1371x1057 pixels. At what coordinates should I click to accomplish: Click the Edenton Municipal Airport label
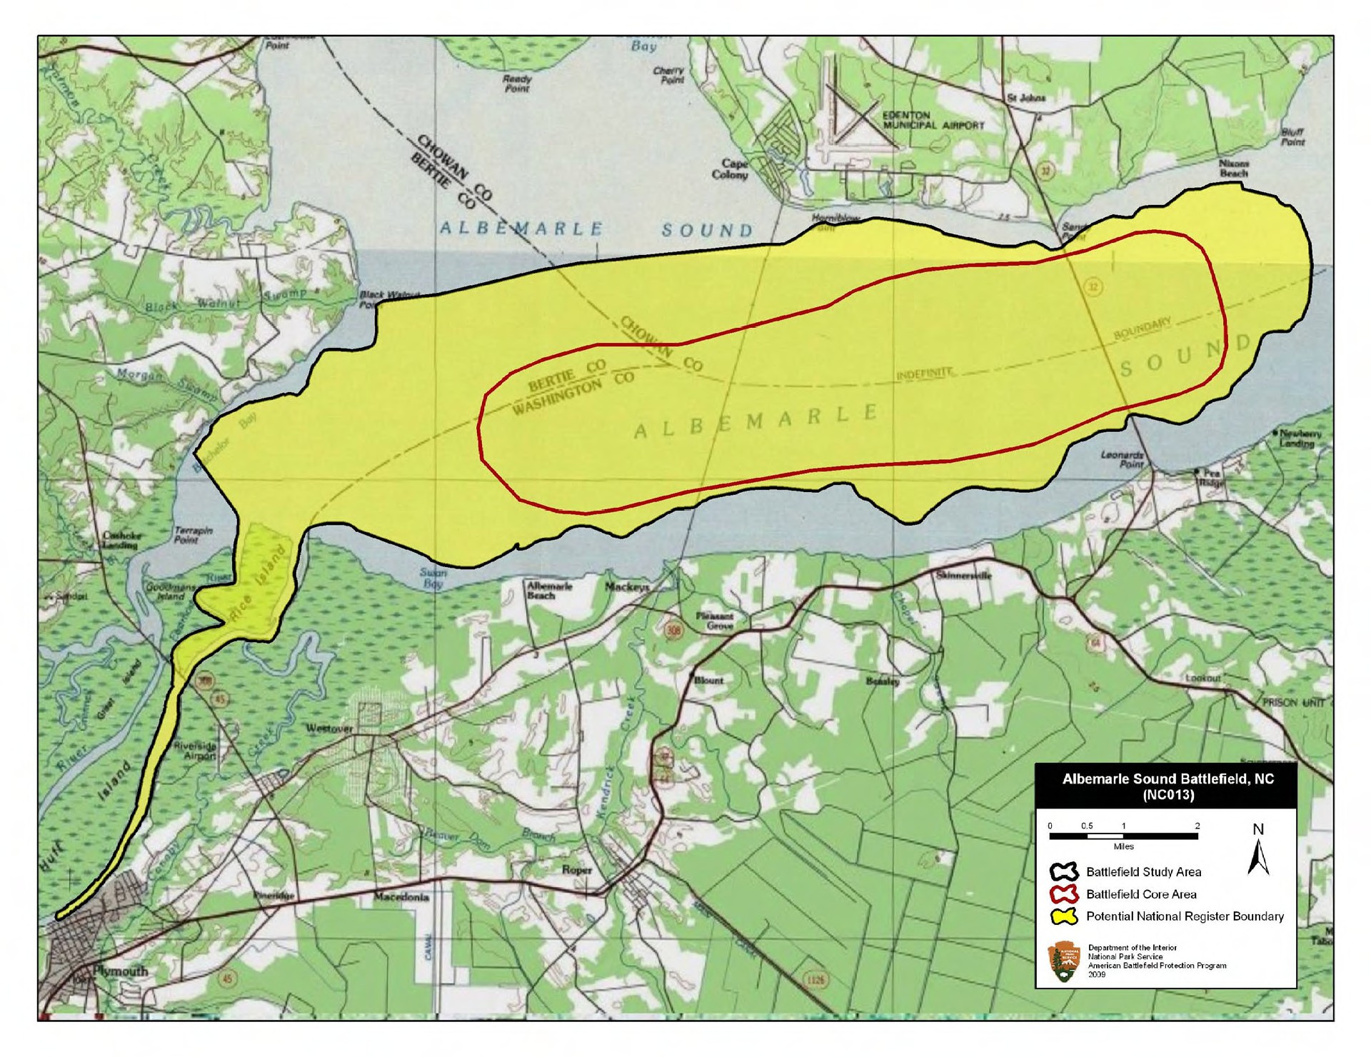coord(933,120)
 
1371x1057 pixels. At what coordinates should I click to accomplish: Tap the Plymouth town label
coord(121,971)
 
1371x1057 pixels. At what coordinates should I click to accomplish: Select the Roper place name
coord(577,870)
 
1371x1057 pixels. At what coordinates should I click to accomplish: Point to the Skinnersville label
coord(964,575)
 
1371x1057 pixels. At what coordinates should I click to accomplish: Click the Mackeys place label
coord(627,587)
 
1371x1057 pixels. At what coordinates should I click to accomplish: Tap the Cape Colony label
coord(730,169)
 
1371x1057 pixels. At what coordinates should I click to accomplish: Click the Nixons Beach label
coord(1233,168)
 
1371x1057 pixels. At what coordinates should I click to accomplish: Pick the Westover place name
coord(329,728)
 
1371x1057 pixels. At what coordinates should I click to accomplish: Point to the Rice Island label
coord(258,586)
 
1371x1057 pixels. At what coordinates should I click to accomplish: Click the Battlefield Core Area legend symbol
coord(1063,894)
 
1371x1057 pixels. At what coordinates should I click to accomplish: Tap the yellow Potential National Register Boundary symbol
coord(1063,916)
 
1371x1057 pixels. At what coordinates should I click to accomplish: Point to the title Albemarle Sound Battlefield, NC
coord(1167,786)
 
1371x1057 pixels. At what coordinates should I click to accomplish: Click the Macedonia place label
coord(401,896)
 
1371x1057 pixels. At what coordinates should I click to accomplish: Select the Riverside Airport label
coord(195,750)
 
